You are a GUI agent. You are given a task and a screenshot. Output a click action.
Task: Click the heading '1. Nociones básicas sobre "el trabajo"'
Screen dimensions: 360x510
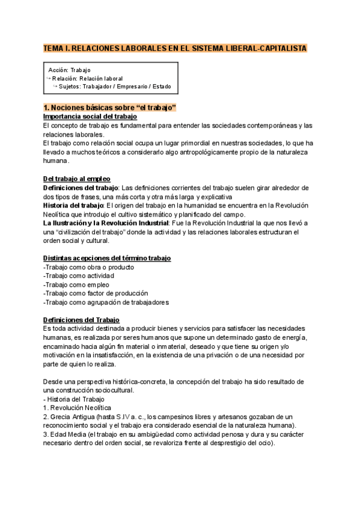109,108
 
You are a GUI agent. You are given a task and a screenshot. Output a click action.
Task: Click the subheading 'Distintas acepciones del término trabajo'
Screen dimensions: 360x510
107,258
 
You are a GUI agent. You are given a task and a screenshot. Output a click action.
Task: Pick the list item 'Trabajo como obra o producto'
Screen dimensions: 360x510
89,267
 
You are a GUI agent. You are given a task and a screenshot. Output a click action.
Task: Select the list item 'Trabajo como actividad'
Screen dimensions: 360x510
79,275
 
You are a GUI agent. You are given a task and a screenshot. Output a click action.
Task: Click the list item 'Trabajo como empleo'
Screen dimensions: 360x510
77,284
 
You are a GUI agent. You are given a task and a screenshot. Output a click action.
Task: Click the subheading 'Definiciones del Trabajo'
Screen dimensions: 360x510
81,319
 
